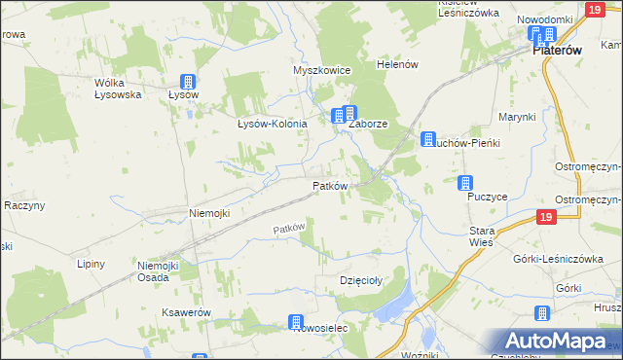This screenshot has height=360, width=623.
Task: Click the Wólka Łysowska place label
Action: coord(118,89)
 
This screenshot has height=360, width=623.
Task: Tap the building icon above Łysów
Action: coord(188,83)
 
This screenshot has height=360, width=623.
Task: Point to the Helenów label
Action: coord(397,64)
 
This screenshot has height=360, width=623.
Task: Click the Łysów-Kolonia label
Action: coord(273,124)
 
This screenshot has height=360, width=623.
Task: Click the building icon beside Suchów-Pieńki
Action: coord(427,140)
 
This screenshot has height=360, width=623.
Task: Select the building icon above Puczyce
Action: coord(466,183)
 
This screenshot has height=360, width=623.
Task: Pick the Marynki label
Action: coord(517,117)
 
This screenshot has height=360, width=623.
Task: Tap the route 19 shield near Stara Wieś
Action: coord(545,218)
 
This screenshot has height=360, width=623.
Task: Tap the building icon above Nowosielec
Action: coord(296,322)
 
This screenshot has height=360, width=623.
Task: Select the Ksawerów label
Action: coord(188,312)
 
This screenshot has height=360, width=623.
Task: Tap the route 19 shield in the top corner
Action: coord(595,9)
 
